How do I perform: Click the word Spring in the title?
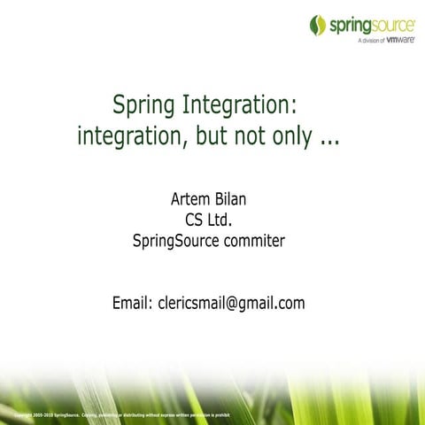(x=143, y=106)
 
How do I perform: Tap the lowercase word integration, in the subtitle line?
(x=133, y=137)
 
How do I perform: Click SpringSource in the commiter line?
(x=174, y=239)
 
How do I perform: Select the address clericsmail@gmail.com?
(x=231, y=303)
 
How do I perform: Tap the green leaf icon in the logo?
(x=318, y=26)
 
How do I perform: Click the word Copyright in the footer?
(x=26, y=413)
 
